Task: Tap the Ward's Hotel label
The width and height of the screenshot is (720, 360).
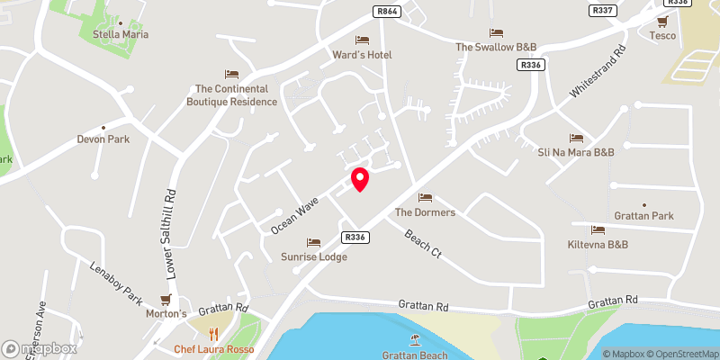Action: (x=363, y=55)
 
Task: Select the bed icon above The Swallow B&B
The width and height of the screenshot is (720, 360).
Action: (x=496, y=32)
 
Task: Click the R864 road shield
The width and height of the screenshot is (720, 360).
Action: (x=386, y=12)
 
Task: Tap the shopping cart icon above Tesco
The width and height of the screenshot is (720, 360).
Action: (x=663, y=22)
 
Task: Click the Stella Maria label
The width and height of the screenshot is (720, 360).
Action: (x=121, y=34)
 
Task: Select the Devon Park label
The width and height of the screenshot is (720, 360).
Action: (x=103, y=139)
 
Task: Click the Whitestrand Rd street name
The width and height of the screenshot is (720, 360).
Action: (x=595, y=74)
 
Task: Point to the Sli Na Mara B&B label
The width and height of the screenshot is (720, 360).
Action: (x=576, y=152)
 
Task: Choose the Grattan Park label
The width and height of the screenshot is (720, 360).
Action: (x=643, y=216)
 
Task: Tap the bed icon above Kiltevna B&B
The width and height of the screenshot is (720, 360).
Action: (x=598, y=230)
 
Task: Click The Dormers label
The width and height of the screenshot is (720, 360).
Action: (x=426, y=212)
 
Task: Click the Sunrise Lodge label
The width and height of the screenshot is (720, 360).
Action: (x=313, y=256)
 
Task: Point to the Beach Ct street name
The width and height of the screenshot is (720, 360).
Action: (x=423, y=244)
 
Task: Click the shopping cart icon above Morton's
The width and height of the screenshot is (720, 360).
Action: (x=166, y=300)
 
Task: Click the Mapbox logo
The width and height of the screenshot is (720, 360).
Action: (x=40, y=347)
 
